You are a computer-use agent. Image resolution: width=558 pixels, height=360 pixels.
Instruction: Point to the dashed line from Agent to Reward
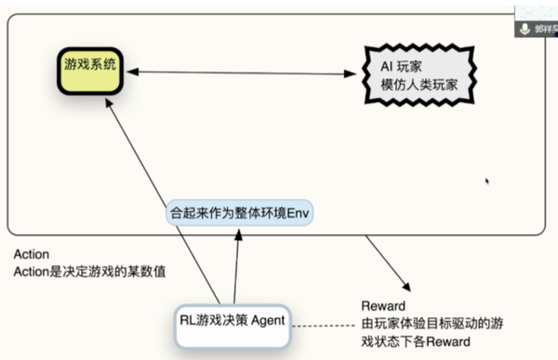click(x=321, y=325)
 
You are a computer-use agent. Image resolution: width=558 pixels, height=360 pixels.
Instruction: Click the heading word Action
click(x=32, y=254)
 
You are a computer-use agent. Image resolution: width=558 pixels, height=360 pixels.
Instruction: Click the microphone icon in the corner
click(x=526, y=28)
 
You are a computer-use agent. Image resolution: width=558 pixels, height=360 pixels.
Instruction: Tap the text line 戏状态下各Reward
click(x=415, y=342)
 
